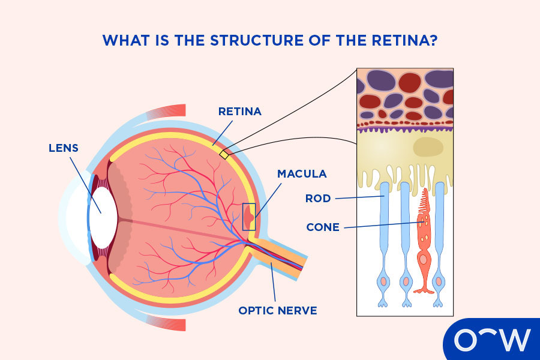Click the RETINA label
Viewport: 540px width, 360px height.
click(240, 112)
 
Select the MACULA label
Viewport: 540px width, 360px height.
click(302, 174)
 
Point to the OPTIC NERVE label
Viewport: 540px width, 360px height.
click(278, 310)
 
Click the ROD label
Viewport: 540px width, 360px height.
click(318, 198)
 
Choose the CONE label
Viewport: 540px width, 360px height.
click(323, 227)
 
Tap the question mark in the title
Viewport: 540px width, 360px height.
click(433, 40)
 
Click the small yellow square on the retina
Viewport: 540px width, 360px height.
click(224, 154)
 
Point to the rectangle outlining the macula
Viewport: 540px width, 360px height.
click(249, 217)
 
